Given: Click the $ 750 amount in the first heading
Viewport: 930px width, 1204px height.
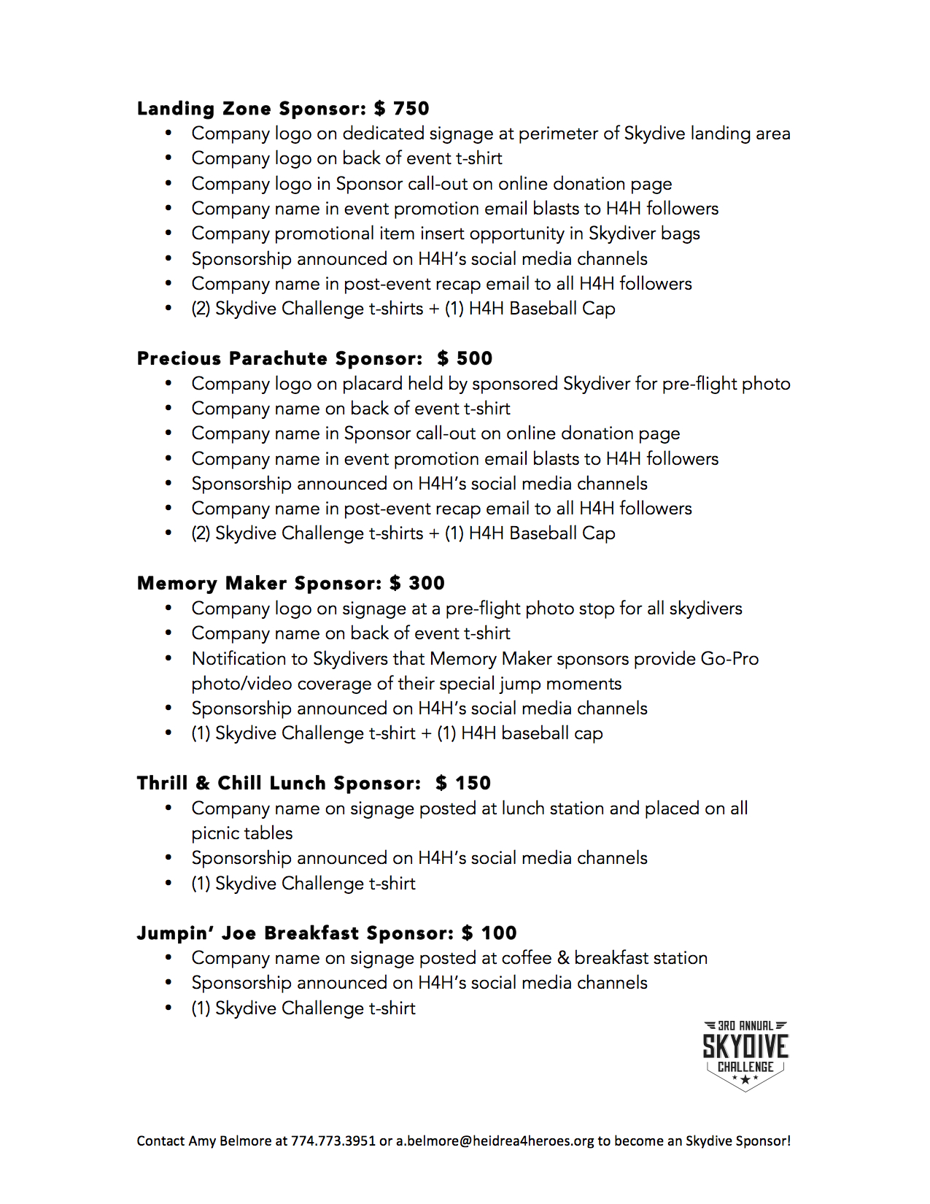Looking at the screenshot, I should pos(401,109).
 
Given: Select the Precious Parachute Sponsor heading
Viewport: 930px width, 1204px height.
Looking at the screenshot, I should pos(279,358).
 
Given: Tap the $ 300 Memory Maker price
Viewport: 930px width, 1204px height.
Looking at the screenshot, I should pos(416,583).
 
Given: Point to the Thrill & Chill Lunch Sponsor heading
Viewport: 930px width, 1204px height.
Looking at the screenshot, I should pos(279,783).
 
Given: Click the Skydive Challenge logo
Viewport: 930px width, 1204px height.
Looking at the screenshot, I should pos(745,1055).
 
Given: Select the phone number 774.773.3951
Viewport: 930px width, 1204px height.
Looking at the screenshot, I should pos(333,1141).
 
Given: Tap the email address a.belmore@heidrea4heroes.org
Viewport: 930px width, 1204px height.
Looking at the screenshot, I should pos(495,1141).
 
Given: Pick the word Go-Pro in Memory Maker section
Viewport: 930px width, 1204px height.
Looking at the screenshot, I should pos(729,658).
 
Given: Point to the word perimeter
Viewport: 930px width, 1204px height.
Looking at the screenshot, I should pos(558,134).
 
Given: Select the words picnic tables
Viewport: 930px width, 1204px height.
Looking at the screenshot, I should pos(242,833).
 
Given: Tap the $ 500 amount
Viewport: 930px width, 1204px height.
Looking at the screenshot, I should pos(465,358).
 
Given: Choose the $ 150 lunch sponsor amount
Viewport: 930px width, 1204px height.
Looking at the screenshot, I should pos(463,783).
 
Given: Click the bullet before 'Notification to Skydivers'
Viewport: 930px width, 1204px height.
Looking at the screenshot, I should pos(168,658).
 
